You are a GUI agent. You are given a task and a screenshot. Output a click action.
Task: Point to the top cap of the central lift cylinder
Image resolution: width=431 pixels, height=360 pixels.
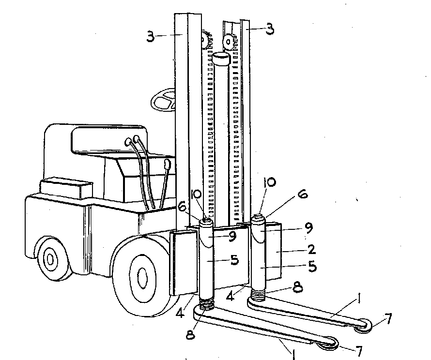(221, 59)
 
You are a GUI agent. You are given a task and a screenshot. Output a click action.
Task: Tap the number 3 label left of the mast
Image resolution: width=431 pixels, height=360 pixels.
(150, 36)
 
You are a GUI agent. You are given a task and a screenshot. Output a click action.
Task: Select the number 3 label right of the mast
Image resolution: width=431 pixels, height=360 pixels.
(270, 29)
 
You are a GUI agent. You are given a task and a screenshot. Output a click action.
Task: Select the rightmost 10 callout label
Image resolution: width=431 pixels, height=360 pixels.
(269, 182)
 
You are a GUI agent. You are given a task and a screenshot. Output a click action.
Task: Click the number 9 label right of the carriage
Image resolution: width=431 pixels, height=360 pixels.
(308, 227)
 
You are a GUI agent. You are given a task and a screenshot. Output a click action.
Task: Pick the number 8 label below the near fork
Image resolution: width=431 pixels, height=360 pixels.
(190, 334)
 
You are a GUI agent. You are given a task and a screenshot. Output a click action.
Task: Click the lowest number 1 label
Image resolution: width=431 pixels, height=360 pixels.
(293, 354)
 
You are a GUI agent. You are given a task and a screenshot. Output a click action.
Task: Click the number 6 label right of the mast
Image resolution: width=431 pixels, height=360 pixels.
(302, 194)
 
